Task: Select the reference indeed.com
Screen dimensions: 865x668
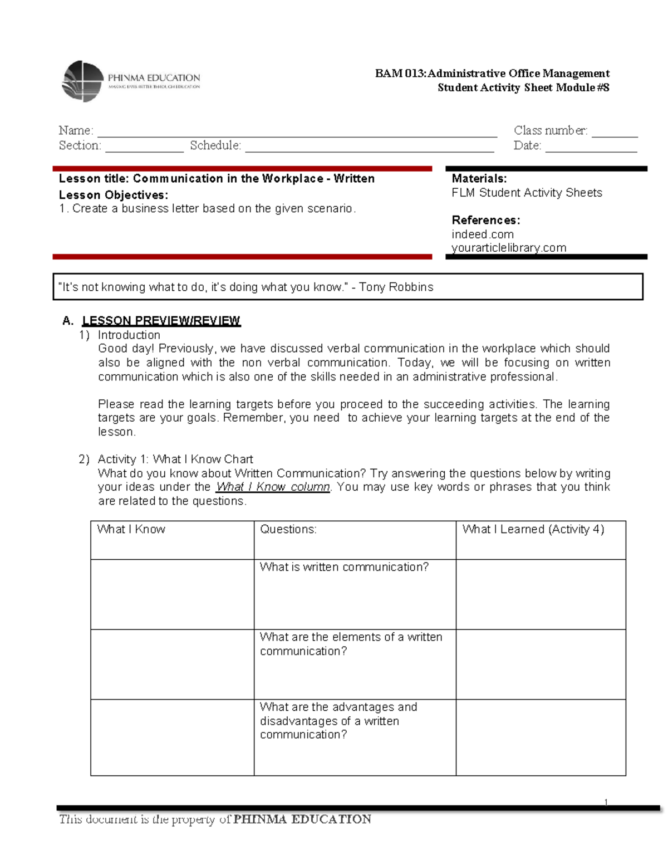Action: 483,234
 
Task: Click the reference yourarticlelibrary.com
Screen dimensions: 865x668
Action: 509,248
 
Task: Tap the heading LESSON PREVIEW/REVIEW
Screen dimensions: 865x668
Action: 161,321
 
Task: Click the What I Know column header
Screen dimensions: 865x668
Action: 131,530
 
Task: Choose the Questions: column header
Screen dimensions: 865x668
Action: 288,530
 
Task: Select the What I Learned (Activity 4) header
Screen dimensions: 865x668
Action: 533,530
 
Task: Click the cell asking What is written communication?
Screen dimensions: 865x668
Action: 344,568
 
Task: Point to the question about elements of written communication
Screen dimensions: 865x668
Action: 351,644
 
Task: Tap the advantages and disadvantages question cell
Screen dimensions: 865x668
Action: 338,721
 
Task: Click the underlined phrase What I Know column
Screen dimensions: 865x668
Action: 273,487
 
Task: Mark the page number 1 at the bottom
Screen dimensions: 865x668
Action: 606,802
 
